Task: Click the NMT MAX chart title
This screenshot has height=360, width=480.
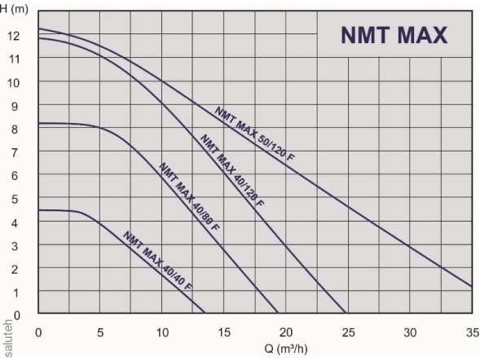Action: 393,37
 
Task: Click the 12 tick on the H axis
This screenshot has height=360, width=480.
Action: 14,36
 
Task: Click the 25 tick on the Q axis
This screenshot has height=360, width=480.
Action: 348,331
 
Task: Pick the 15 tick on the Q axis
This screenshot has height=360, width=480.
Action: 224,331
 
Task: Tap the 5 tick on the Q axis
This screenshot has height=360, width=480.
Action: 100,331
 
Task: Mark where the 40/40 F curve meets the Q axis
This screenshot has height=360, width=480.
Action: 205,314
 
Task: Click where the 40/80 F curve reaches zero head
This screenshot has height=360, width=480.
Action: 278,314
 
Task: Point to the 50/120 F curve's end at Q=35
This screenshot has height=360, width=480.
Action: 472,287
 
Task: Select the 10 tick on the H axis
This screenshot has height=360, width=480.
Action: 14,82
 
